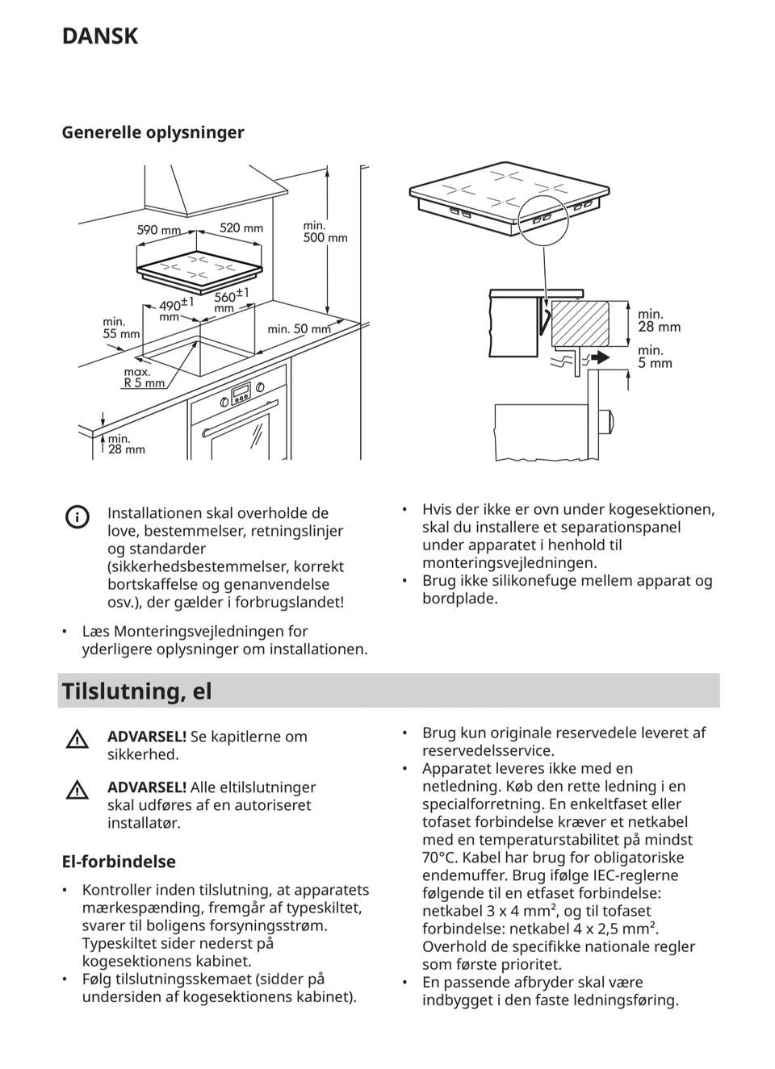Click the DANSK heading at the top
tap(99, 36)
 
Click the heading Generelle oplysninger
tap(153, 132)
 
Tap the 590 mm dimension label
tap(159, 230)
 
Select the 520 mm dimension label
tap(241, 228)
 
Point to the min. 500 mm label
tap(325, 232)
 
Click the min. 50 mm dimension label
tap(299, 329)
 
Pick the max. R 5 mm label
tap(144, 378)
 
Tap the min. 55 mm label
tap(121, 328)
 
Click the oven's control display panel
tap(241, 395)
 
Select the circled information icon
tap(77, 517)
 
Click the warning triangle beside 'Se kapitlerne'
tap(77, 738)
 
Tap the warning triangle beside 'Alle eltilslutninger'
tap(77, 790)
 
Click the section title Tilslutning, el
tap(136, 691)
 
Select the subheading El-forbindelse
tap(119, 862)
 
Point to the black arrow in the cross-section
tap(598, 357)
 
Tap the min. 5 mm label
tap(655, 357)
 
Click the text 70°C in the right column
tap(440, 858)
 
